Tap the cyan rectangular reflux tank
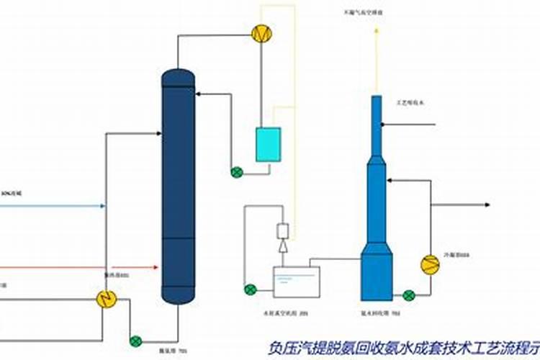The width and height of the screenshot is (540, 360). click(x=269, y=145)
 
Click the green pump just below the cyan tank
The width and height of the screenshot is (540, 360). click(x=237, y=172)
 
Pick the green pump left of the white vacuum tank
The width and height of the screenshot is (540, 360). click(x=250, y=289)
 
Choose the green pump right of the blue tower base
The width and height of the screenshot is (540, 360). click(x=409, y=294)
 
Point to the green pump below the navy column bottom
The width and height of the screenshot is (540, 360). click(x=136, y=341)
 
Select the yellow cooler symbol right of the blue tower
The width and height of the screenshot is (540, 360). click(x=430, y=264)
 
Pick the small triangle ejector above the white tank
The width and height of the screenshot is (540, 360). click(x=282, y=246)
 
